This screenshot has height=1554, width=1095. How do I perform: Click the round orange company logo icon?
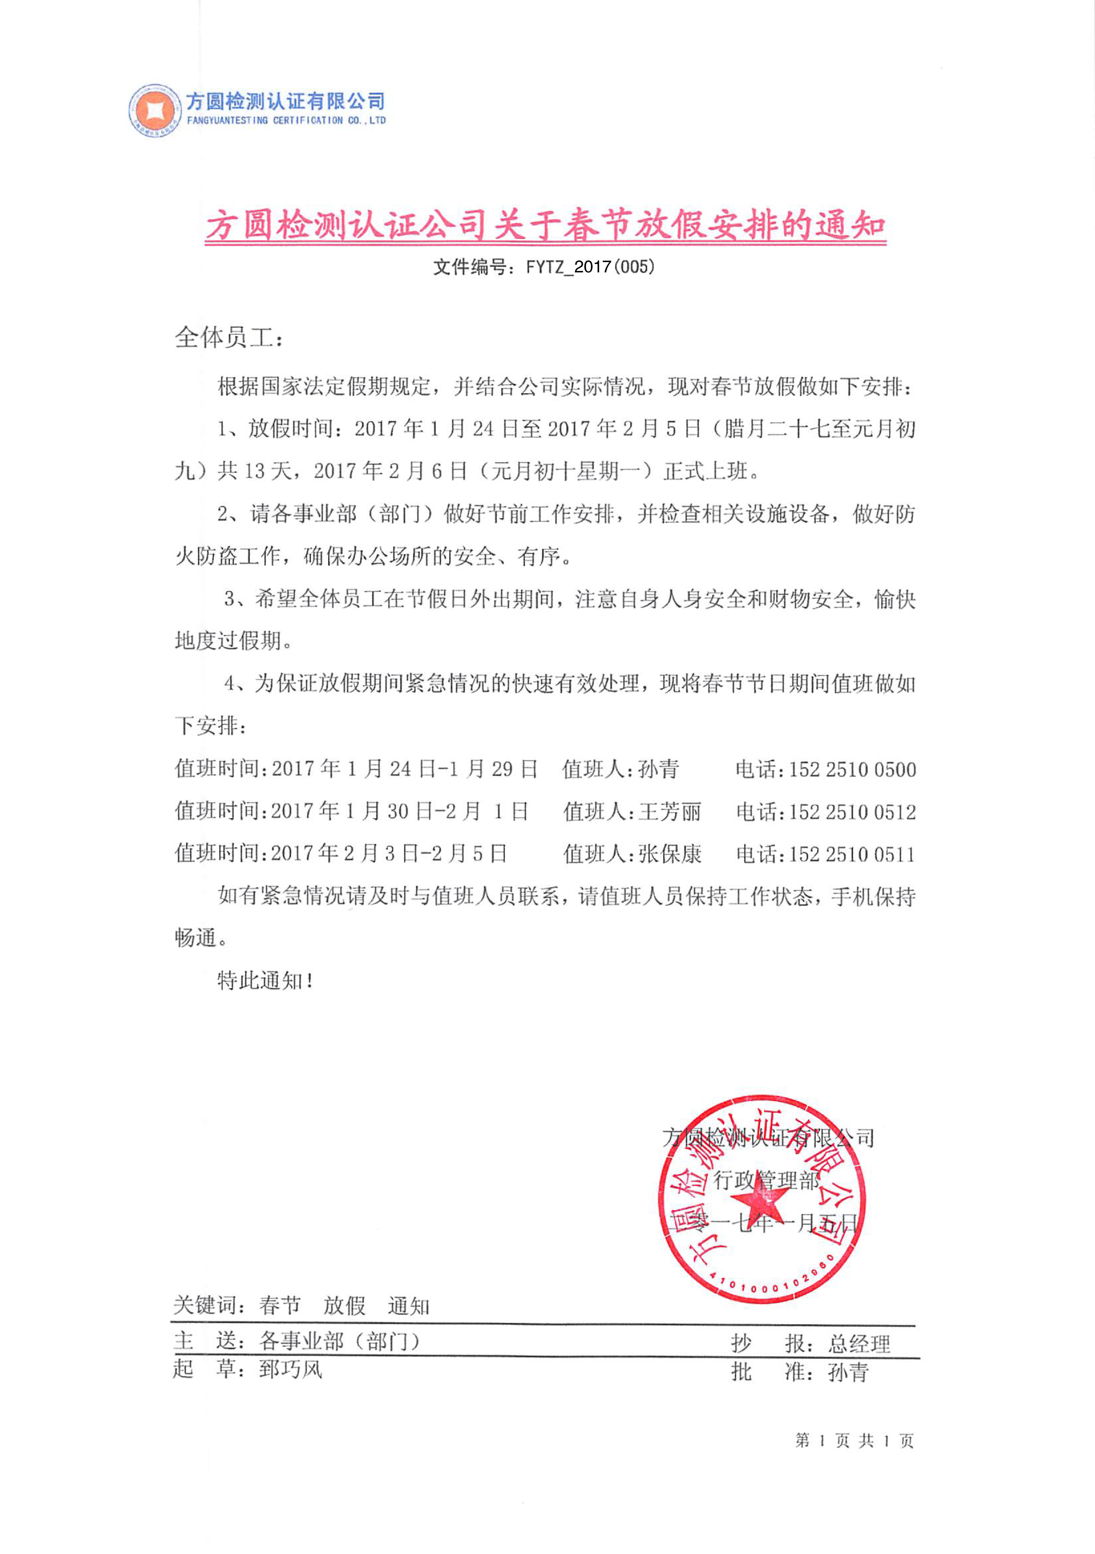click(x=155, y=110)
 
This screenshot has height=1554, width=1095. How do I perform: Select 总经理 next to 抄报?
click(x=858, y=1344)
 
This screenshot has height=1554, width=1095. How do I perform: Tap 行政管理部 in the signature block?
click(x=767, y=1182)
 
